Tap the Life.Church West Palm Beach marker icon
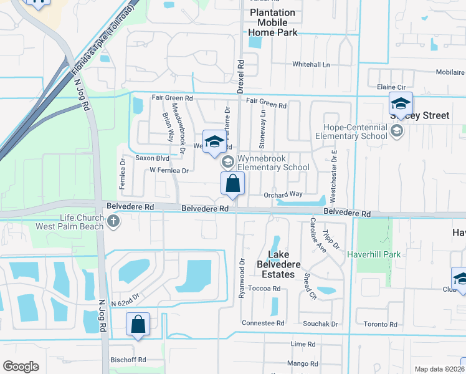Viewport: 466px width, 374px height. point(113,221)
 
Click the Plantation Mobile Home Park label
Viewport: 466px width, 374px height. point(273,22)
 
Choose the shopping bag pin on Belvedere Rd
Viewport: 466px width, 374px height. point(232,185)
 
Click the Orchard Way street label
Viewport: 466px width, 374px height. point(283,194)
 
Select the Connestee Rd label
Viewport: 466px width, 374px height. point(263,324)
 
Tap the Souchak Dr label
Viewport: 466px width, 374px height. point(320,324)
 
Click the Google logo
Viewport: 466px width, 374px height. point(21,367)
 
